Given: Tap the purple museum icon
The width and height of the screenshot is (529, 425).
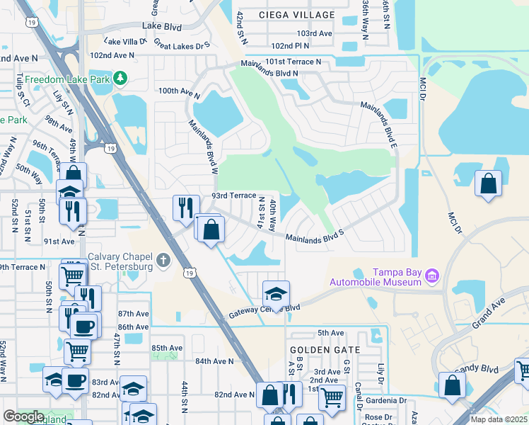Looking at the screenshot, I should (432, 274).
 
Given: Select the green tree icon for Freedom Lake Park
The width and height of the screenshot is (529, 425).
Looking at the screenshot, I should (122, 78).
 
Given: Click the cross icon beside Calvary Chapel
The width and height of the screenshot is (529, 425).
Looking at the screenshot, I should (163, 261).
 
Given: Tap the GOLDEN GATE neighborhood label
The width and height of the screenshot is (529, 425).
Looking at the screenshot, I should (325, 350).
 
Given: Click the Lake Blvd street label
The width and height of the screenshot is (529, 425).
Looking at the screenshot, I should (162, 27).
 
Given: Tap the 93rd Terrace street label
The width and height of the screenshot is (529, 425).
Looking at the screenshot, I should (233, 195).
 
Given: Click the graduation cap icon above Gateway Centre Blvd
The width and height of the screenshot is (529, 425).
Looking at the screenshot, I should (276, 293).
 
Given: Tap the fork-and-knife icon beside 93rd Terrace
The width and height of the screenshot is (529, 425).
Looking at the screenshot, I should (184, 206).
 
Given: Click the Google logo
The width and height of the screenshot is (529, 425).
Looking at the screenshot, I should (23, 416).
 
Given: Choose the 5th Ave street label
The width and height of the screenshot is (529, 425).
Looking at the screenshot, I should (330, 333).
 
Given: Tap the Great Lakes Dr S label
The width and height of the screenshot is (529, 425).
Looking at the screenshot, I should (182, 46).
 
